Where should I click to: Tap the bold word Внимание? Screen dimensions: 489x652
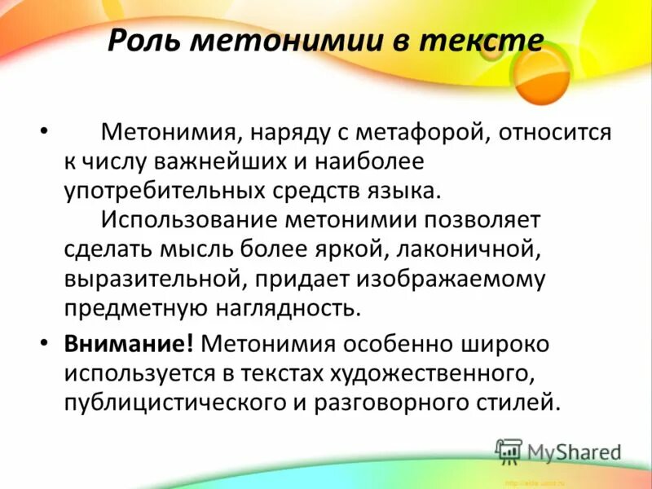129,343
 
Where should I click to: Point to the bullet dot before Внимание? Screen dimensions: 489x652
44,343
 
